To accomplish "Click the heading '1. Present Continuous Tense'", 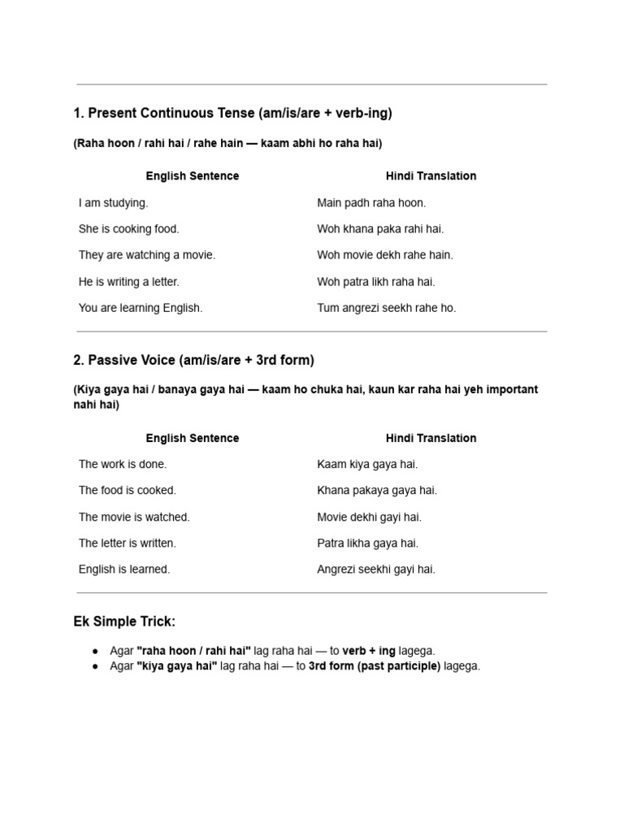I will click(232, 113).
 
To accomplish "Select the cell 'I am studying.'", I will click(114, 202).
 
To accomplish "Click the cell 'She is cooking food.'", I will click(128, 229).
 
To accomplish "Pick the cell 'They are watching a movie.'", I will click(147, 255).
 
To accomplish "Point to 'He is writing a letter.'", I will click(128, 282).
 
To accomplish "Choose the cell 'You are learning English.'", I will click(141, 308).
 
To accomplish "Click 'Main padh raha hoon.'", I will click(371, 202).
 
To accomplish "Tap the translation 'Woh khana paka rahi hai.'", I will click(380, 229).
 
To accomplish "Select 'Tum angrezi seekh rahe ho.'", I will click(387, 308).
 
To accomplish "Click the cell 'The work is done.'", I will click(123, 464).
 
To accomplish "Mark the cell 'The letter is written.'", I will click(128, 543).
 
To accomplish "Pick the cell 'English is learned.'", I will click(124, 570).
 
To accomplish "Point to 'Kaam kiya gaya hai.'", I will click(367, 464).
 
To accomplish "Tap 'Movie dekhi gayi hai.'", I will click(369, 517).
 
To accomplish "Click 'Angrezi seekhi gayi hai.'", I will click(376, 570).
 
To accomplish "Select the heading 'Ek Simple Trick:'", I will click(124, 622).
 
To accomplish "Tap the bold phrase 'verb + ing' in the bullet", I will click(369, 651).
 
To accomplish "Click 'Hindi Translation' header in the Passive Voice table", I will click(431, 438).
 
